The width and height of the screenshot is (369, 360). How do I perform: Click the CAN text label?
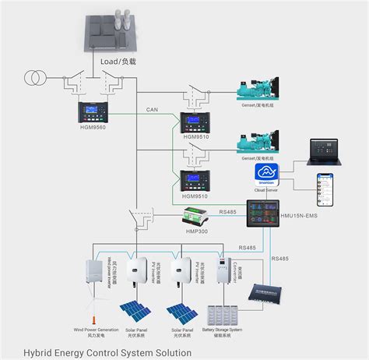click(152, 110)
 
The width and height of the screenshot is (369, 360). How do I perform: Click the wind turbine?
click(94, 308)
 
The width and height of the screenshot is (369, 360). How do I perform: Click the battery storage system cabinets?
click(225, 315)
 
